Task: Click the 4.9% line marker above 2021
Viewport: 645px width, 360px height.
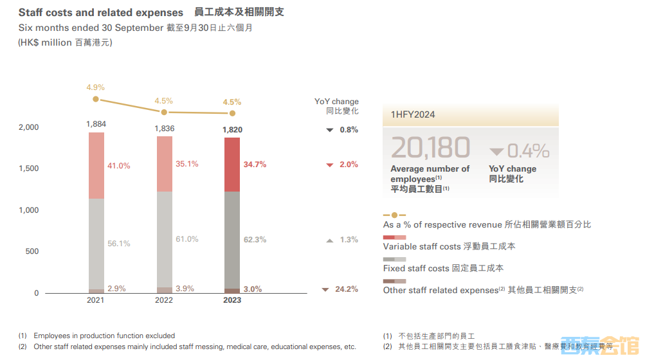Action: tap(96, 99)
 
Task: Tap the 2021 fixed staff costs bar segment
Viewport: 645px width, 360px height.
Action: tap(96, 244)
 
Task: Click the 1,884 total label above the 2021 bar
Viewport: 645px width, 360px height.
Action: tap(96, 123)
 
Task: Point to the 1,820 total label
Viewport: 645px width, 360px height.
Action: tap(232, 130)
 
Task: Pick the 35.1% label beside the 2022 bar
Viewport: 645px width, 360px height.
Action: tap(186, 164)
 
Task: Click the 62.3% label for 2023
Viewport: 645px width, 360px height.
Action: tap(255, 240)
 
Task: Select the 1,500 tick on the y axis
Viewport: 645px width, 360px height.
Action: tap(28, 168)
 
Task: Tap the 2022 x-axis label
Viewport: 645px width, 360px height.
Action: tap(164, 300)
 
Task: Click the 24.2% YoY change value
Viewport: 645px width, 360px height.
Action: tap(347, 289)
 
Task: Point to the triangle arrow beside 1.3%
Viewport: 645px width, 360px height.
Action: tap(329, 240)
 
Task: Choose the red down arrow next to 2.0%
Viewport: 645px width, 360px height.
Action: tap(329, 165)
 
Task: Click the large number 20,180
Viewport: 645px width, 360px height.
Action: tap(430, 148)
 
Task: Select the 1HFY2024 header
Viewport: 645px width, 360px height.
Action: tap(413, 114)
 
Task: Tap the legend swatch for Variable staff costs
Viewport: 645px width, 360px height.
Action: tap(394, 238)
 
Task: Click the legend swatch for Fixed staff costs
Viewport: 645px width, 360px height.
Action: tap(394, 259)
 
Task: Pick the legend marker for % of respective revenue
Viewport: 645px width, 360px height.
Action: tap(394, 215)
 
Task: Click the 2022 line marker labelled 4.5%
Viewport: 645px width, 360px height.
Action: tap(164, 112)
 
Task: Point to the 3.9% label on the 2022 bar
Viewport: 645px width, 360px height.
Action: tap(185, 289)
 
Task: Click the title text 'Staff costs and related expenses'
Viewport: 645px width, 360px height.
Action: tap(100, 13)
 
